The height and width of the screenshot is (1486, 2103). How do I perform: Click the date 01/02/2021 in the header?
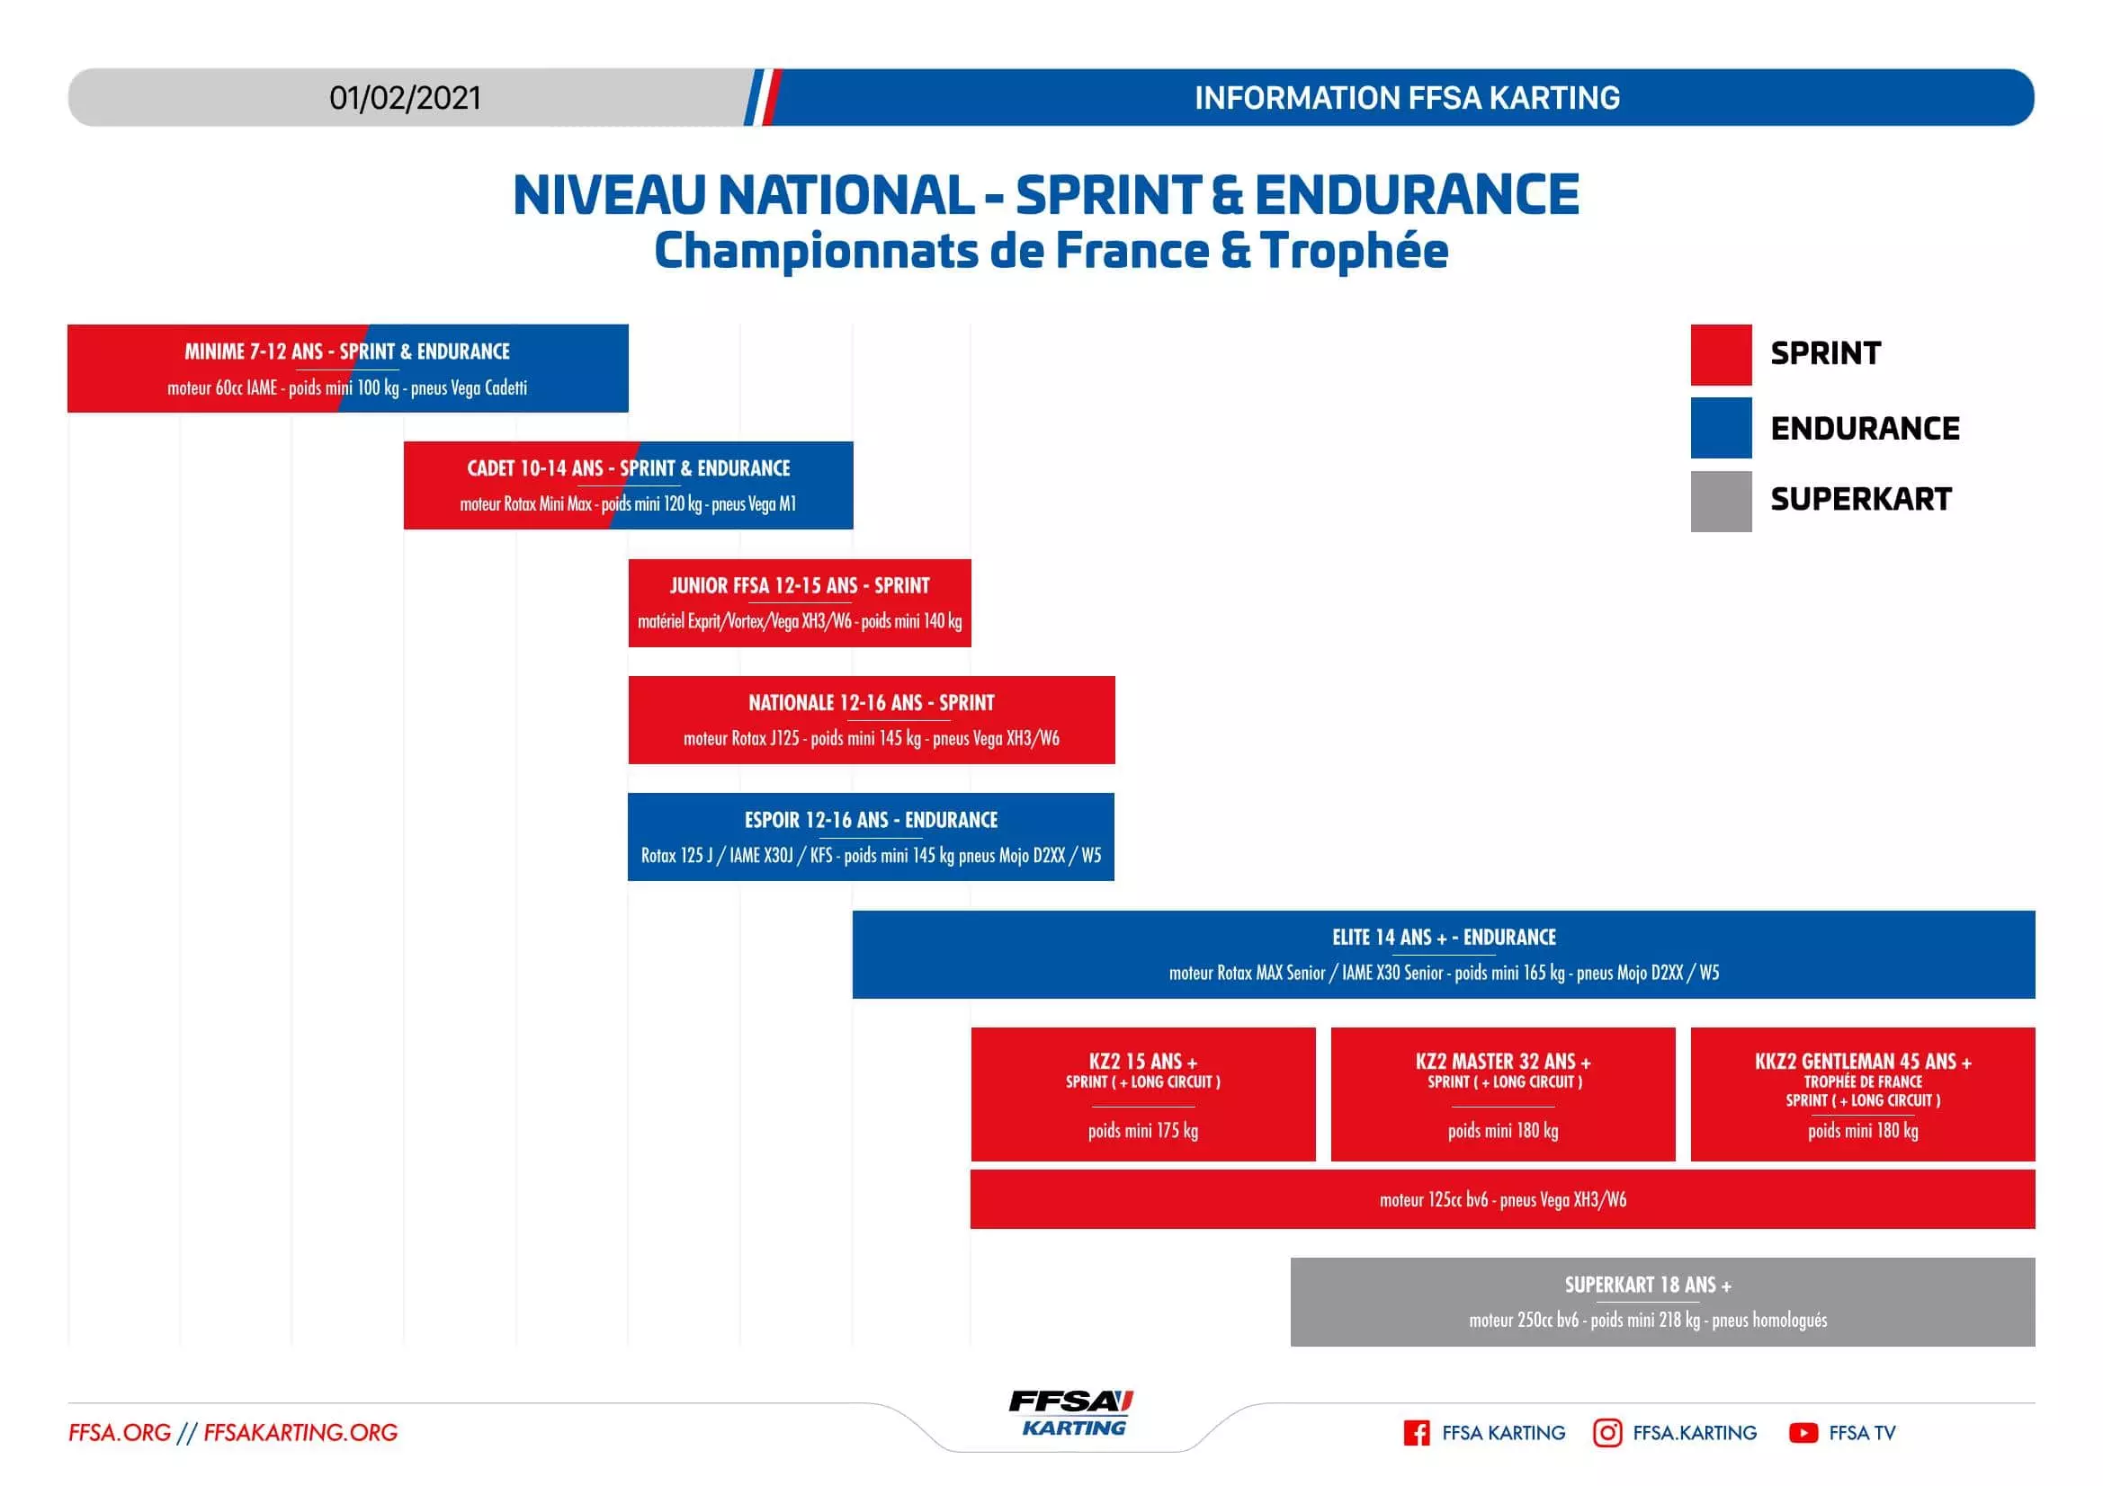click(x=405, y=98)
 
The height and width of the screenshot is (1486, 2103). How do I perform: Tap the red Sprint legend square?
click(x=1720, y=354)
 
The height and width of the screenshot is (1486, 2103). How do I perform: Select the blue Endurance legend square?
click(x=1720, y=428)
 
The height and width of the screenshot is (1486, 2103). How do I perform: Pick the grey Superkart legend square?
click(x=1720, y=501)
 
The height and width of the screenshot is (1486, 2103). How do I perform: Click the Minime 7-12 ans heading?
click(x=347, y=351)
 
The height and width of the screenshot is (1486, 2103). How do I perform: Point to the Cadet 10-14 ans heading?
click(x=629, y=467)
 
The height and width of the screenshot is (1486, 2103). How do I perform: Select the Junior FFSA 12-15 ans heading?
click(x=799, y=585)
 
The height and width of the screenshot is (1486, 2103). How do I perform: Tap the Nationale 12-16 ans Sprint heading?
click(x=871, y=702)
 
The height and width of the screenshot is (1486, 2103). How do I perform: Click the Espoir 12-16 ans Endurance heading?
click(x=870, y=820)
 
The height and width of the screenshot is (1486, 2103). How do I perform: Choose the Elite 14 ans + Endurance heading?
click(x=1444, y=937)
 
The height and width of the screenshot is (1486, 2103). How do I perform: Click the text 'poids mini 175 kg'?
click(x=1142, y=1130)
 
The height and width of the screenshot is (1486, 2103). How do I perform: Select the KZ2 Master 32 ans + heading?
click(x=1502, y=1061)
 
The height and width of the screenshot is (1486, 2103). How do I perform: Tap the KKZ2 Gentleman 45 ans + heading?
click(x=1862, y=1061)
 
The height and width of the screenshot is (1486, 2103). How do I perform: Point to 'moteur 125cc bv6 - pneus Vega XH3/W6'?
click(x=1502, y=1199)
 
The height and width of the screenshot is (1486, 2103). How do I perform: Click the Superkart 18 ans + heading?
click(x=1647, y=1285)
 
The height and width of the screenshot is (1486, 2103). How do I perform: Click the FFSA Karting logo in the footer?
click(x=1070, y=1413)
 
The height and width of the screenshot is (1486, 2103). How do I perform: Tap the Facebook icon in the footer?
click(x=1416, y=1432)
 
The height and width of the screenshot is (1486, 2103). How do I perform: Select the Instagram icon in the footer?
click(x=1606, y=1432)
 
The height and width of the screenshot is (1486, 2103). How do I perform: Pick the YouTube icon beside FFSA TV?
click(x=1803, y=1432)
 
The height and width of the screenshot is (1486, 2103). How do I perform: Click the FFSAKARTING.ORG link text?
click(x=300, y=1432)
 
